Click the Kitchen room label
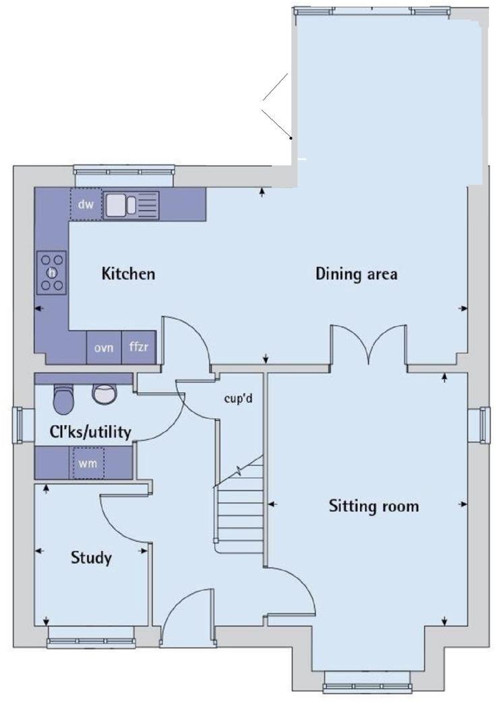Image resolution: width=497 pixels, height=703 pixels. tap(128, 274)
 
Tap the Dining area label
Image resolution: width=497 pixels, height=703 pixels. tap(356, 274)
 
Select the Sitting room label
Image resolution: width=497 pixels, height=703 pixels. tap(374, 505)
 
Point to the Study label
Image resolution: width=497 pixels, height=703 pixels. tap(91, 558)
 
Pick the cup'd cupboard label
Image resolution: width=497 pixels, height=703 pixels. tap(237, 398)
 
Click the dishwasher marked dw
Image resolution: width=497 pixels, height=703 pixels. tap(85, 204)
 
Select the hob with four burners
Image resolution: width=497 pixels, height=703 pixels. tap(52, 272)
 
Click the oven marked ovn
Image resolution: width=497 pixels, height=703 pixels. tap(103, 348)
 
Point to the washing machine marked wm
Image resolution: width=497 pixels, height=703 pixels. tap(88, 463)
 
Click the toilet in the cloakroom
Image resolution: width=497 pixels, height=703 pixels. tap(63, 399)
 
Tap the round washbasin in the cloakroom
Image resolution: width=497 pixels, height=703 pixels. tap(104, 393)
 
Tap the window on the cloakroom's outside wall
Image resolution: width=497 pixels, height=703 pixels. tap(19, 426)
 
